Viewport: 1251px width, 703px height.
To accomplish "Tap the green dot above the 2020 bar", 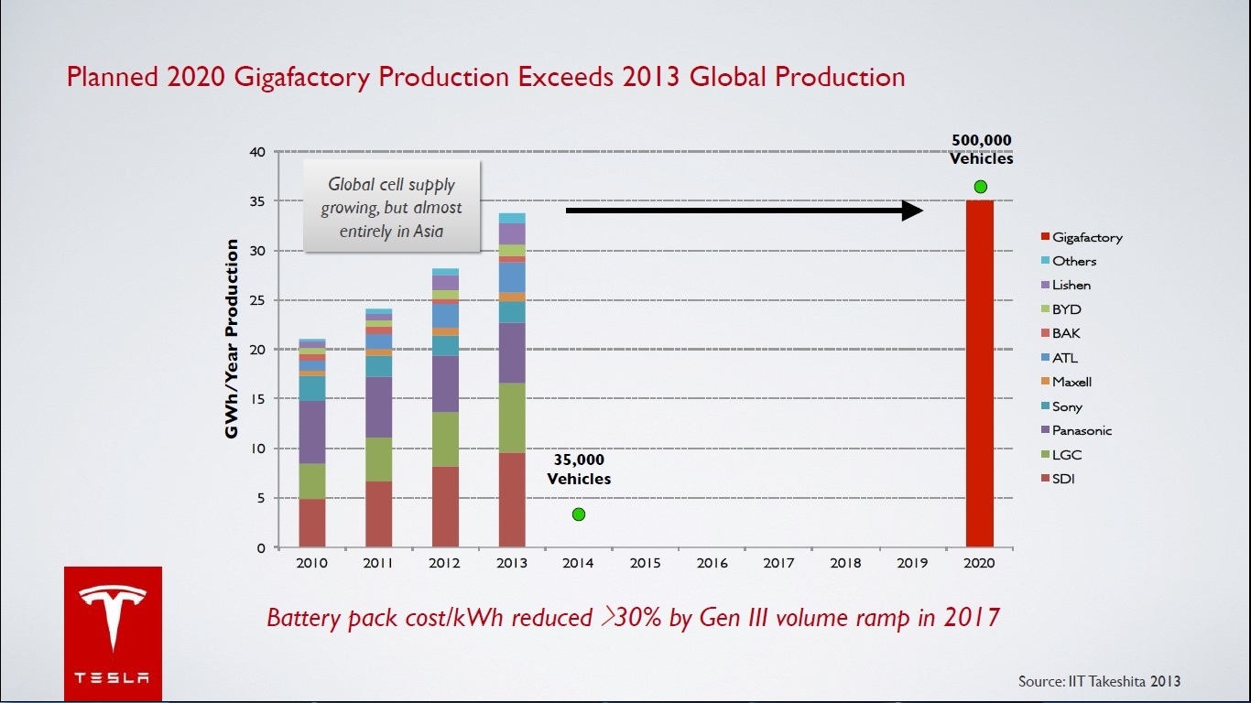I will point(981,187).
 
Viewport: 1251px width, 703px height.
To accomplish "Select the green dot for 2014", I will point(579,514).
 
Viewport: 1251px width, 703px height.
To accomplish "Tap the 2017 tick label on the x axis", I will point(778,564).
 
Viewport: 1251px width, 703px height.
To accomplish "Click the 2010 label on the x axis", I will point(312,564).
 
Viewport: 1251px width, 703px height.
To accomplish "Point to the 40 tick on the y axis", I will point(257,152).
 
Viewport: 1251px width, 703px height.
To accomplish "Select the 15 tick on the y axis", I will point(257,399).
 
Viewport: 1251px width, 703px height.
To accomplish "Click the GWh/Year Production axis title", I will point(233,339).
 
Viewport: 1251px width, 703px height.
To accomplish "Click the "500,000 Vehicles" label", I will point(981,149).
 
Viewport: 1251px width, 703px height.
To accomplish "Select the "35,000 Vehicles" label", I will point(579,469).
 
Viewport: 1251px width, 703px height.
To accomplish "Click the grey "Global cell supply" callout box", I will point(392,208).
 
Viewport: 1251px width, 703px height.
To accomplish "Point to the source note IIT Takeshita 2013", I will point(1099,681).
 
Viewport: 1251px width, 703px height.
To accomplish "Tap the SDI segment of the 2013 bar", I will point(512,500).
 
